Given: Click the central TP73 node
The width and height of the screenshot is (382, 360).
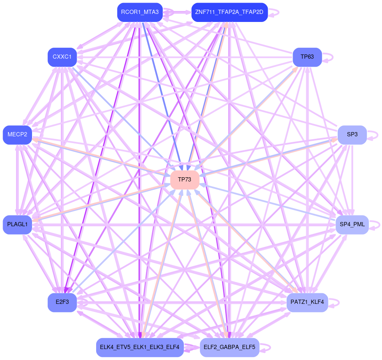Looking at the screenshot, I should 185,180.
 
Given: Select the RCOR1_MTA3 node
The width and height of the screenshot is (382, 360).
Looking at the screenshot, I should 140,12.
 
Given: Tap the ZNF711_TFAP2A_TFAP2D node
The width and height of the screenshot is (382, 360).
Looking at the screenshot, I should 229,12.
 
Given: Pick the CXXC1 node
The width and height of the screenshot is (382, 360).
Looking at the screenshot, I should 62,57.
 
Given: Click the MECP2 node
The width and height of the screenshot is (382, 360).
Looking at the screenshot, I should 17,135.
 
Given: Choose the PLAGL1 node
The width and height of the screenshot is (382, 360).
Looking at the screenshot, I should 17,225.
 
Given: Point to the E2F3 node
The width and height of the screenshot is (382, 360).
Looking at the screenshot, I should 62,302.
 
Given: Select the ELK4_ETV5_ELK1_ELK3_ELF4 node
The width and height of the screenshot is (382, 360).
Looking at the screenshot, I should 140,347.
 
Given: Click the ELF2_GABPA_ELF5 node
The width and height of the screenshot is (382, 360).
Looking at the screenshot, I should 229,347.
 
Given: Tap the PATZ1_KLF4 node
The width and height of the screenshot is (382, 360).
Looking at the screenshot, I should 307,302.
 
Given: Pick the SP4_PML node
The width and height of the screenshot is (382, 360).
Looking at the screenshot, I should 352,225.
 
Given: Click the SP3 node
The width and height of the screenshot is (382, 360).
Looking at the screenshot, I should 352,135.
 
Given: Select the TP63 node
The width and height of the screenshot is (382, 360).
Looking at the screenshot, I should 307,57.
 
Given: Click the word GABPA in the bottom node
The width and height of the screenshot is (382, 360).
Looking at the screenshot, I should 229,347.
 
